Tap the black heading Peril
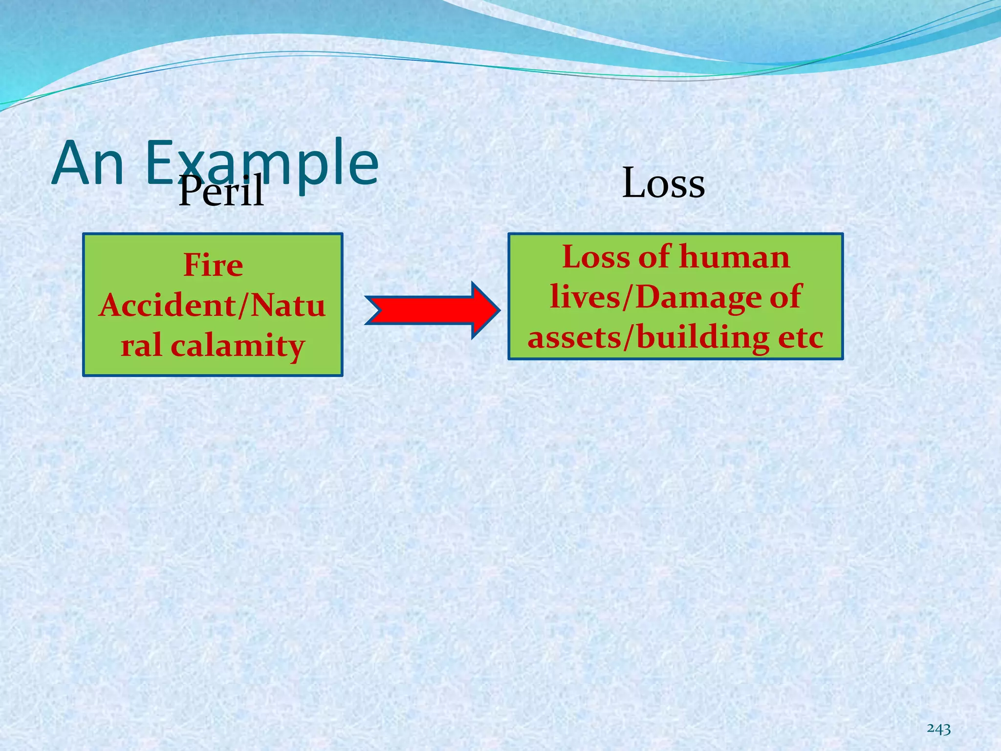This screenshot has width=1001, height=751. tap(221, 191)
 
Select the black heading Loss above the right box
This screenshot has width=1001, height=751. tap(663, 183)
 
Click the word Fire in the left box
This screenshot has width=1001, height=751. tap(213, 265)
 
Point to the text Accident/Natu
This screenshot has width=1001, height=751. tap(212, 306)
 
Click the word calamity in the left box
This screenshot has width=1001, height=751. tap(238, 347)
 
